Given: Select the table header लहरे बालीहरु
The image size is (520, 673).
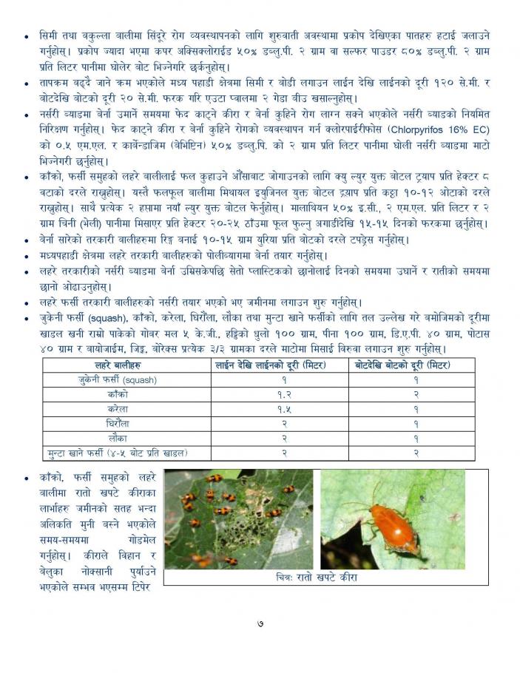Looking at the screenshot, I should (118, 365).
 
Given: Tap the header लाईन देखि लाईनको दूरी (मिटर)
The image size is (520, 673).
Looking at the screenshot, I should (278, 365).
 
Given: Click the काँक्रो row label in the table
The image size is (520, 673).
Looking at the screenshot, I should (118, 394).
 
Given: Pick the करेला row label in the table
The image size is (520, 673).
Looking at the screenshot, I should (118, 408).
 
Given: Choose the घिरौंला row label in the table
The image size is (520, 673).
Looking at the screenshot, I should (118, 423).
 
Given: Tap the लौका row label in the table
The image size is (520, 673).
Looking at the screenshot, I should (118, 437).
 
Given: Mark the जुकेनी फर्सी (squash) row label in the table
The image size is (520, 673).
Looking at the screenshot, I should (118, 379).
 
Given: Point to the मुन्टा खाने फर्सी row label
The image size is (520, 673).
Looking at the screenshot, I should (118, 451).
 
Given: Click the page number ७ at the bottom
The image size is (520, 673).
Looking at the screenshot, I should (260, 623).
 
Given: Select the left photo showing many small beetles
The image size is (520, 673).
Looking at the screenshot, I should (238, 519).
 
